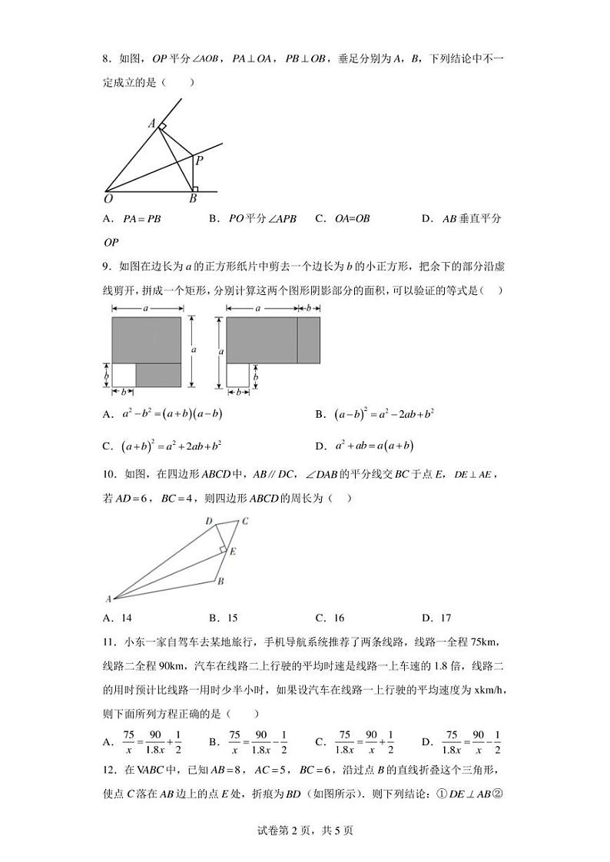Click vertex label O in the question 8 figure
point(109,199)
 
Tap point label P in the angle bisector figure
point(198,161)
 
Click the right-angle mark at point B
point(195,187)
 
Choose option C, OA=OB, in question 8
point(352,219)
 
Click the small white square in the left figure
point(124,375)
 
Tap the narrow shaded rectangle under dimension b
point(308,340)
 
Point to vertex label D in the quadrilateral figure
point(208,522)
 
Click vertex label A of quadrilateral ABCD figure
point(108,599)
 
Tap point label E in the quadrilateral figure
point(232,551)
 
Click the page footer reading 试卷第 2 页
point(305,830)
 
